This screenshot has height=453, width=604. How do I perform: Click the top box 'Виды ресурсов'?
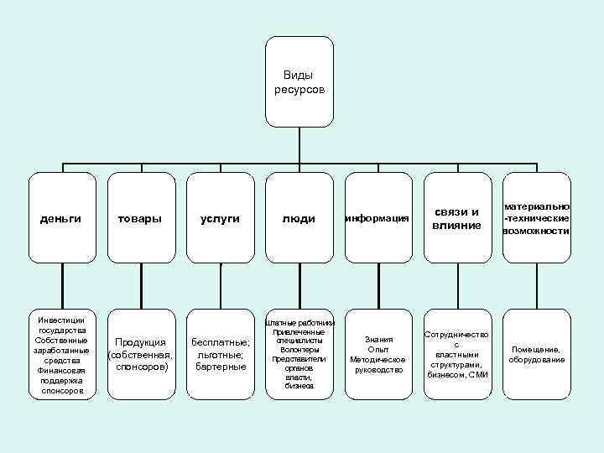click(299, 81)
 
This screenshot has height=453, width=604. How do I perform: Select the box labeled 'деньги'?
click(61, 218)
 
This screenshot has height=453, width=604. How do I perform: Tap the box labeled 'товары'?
click(140, 218)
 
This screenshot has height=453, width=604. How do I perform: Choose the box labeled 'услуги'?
click(220, 218)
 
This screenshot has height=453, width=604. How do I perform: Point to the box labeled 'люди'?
click(299, 218)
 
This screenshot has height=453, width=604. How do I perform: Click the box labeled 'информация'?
click(377, 218)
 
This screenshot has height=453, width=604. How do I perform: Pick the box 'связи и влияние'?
click(456, 218)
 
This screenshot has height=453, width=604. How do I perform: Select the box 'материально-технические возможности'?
click(536, 218)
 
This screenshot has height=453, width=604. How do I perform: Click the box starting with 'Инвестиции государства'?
click(61, 355)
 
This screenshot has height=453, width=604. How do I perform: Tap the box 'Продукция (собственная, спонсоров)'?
click(140, 355)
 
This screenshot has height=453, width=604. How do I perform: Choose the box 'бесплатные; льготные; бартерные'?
click(220, 355)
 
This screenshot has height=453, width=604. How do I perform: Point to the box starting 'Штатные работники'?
click(299, 355)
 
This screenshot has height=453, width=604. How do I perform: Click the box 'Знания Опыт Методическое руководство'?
click(377, 355)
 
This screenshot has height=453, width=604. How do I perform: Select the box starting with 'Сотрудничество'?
click(456, 355)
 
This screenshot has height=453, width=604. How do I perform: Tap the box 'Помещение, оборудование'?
click(536, 355)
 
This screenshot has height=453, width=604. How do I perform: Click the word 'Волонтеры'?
click(299, 350)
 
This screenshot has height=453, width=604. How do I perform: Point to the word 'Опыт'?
click(377, 349)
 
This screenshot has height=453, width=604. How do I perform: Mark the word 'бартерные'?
click(220, 367)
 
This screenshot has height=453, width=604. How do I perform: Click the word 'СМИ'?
click(478, 374)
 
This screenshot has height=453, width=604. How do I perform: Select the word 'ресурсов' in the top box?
click(299, 88)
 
